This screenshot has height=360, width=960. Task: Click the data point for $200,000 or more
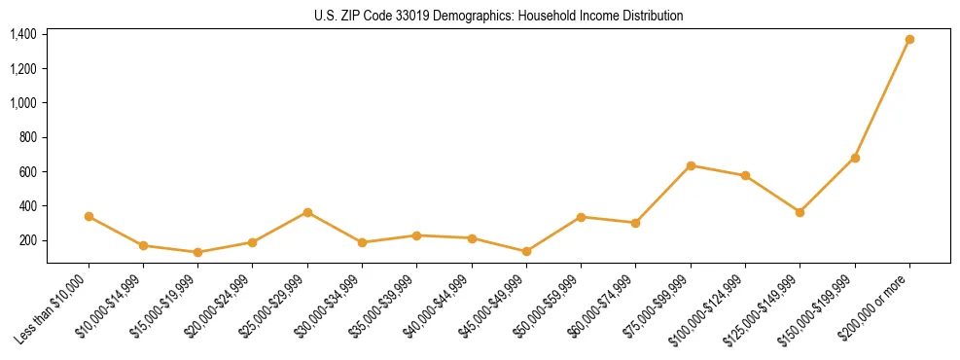click(909, 40)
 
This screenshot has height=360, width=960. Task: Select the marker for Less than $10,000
click(89, 216)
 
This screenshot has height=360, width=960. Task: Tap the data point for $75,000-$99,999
click(691, 165)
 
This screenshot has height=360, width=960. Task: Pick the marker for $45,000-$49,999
click(526, 251)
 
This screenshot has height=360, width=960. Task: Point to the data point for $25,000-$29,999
click(307, 212)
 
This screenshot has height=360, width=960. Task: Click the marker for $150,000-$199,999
click(855, 158)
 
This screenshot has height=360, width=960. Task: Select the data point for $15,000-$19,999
click(197, 252)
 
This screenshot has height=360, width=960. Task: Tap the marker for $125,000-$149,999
click(800, 212)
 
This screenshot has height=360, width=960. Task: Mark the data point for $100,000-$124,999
click(745, 176)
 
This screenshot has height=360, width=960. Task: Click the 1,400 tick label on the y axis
click(23, 34)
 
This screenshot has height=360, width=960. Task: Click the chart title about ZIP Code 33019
click(498, 16)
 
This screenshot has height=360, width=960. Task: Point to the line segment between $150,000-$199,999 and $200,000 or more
click(882, 98)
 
